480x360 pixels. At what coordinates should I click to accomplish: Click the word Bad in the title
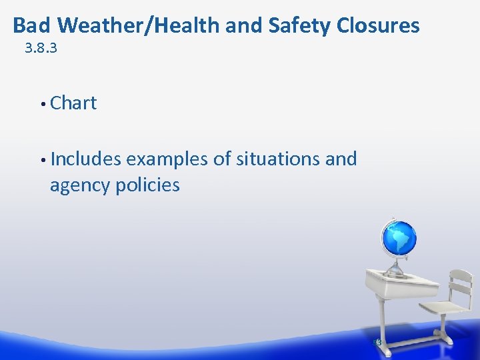(33, 25)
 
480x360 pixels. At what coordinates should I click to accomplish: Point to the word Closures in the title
(378, 25)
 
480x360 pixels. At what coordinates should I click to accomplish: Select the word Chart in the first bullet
(73, 103)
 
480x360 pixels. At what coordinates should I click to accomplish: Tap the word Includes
(85, 159)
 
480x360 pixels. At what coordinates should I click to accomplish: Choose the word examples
(167, 159)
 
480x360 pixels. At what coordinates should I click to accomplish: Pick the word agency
(80, 185)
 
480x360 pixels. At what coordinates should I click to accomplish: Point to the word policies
(147, 185)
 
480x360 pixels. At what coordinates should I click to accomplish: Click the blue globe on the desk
(399, 238)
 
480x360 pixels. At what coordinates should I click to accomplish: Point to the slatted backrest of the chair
(460, 283)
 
